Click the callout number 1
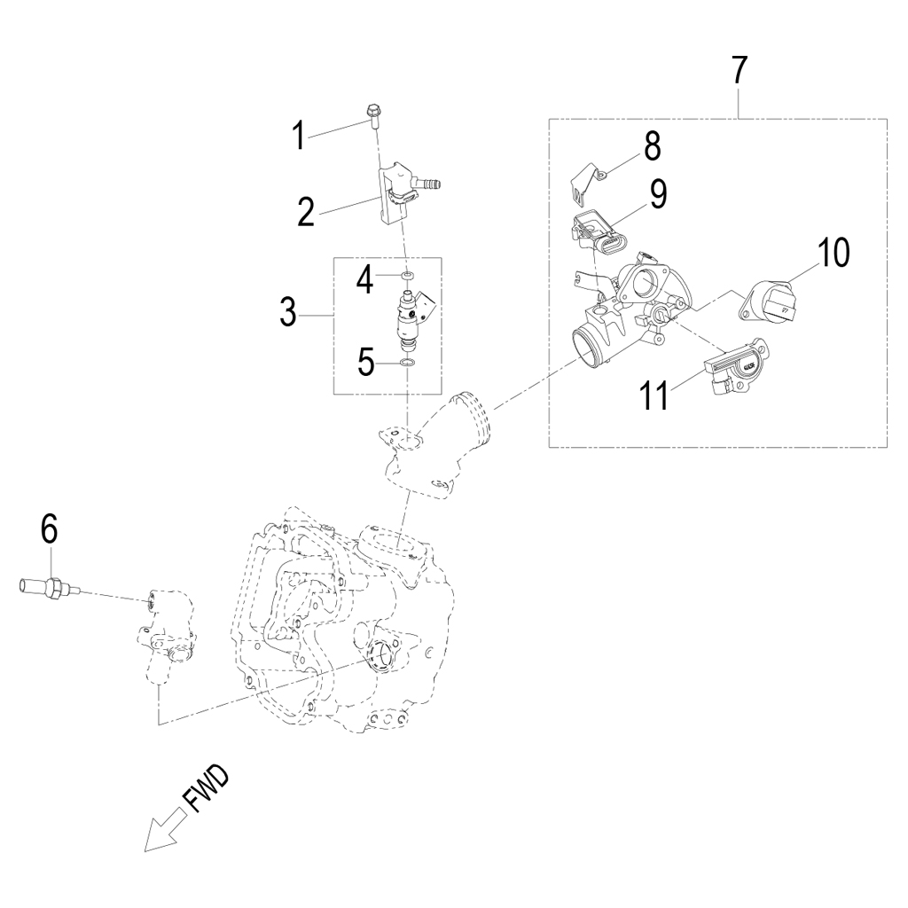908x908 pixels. (x=299, y=137)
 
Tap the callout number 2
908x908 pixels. (x=306, y=214)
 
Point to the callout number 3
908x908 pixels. (x=287, y=313)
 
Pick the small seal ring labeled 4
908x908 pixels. (x=406, y=277)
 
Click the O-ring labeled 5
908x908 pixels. (x=406, y=363)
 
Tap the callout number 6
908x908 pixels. (x=49, y=529)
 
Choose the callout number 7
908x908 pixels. (x=740, y=71)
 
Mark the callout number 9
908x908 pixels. (x=657, y=194)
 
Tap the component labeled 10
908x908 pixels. (x=768, y=301)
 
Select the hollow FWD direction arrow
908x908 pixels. (x=163, y=831)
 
